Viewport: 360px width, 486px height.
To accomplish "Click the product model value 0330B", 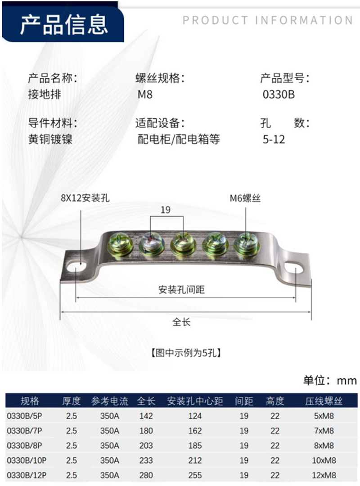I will [278, 95].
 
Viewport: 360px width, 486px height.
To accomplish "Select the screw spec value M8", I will [145, 95].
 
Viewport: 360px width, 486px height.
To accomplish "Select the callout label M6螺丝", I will [245, 198].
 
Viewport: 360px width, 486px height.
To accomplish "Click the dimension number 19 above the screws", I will [166, 210].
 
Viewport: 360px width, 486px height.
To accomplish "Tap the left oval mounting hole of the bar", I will [77, 266].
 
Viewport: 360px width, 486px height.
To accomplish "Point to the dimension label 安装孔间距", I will [181, 290].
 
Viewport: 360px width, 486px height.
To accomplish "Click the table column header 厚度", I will [71, 400].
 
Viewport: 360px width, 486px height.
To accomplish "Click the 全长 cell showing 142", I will [146, 416].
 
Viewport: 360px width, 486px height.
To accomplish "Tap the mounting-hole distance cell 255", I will [195, 475].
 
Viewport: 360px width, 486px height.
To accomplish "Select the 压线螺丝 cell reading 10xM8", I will [324, 460].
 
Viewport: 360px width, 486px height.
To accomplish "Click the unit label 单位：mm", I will [330, 381].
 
